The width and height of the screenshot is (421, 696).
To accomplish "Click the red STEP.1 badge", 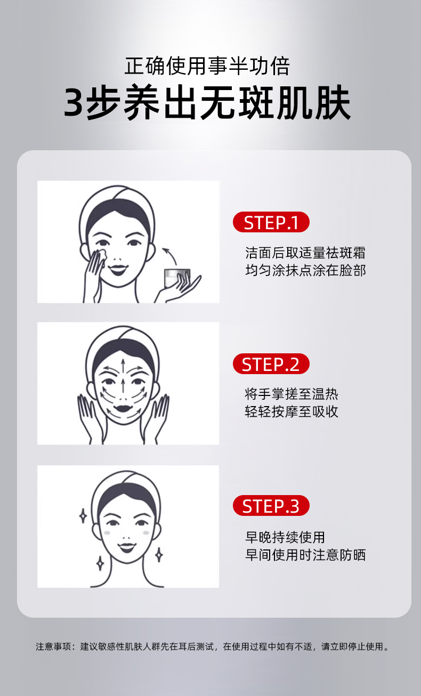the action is click(x=271, y=222).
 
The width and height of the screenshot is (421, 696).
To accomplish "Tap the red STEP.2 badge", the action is click(x=271, y=363).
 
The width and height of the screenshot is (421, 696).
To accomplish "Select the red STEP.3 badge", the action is click(x=271, y=506).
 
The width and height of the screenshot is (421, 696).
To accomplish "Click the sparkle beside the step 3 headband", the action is click(x=83, y=515).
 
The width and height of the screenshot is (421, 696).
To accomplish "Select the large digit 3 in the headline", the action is click(x=74, y=102).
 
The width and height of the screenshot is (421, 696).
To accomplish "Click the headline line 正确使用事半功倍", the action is click(x=207, y=66).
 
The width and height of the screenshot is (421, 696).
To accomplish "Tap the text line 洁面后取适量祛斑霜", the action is click(x=305, y=253).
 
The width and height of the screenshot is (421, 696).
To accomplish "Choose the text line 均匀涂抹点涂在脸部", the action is click(x=305, y=270).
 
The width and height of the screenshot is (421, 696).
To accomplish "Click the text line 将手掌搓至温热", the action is click(x=291, y=394).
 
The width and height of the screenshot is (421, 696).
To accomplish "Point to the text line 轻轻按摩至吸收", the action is click(x=291, y=411).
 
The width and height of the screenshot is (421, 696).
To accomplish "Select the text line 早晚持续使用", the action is click(x=285, y=537).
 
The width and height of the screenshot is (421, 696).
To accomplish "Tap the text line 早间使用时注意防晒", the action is click(x=305, y=555).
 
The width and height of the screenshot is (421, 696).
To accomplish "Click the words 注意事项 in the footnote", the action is click(x=53, y=646).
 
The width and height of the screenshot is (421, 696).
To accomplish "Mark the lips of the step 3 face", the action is click(x=127, y=547).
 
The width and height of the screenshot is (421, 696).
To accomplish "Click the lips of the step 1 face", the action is click(x=118, y=270).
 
